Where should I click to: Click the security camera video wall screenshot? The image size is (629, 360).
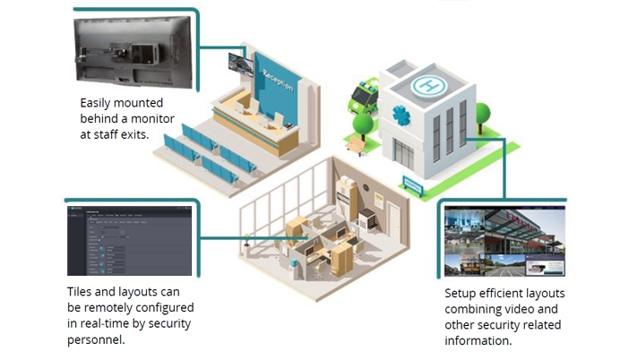pos(504,241)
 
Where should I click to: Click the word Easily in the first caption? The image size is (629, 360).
pos(99,102)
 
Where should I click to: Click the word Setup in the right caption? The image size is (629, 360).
pos(461,293)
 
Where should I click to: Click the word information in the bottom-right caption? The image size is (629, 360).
pos(479,341)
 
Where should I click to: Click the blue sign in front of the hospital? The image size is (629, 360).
pos(414,185)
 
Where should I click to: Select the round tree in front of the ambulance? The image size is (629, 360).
pos(363,124)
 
